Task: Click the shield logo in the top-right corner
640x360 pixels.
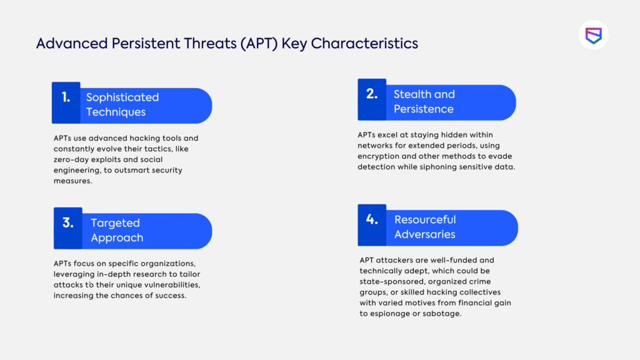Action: pos(593,35)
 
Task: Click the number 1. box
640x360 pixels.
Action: pos(66,102)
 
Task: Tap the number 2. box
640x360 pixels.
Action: pos(372,99)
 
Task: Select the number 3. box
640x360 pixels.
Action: pos(67,228)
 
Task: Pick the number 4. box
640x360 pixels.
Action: pos(372,224)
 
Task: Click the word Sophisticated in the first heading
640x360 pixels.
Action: pos(122,97)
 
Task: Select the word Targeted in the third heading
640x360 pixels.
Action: pos(115,223)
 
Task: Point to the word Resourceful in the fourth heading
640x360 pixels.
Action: pos(425,220)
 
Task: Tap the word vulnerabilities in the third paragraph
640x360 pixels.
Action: pos(151,285)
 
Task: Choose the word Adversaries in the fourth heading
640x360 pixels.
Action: pos(425,235)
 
